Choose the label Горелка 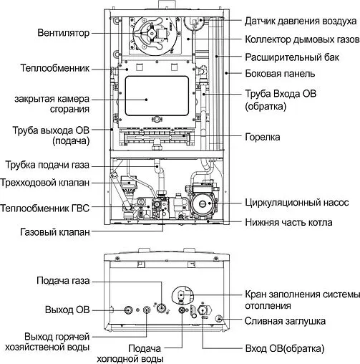click(x=262, y=136)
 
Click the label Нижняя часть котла click(x=288, y=221)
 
